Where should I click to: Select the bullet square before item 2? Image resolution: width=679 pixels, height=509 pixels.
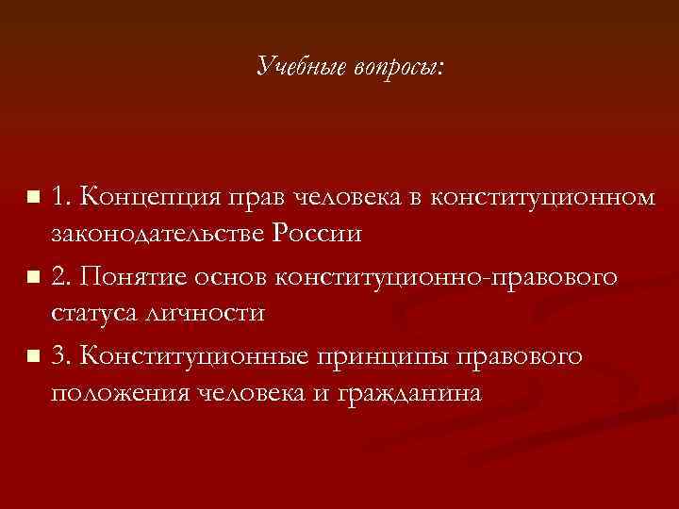[34, 278]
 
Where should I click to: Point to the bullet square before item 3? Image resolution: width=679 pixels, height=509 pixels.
[34, 357]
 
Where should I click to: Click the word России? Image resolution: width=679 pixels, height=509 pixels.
[319, 234]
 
